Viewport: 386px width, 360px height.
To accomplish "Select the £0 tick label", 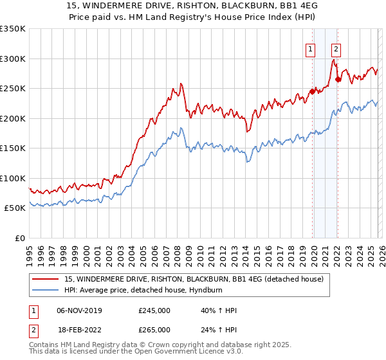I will [x=21, y=238].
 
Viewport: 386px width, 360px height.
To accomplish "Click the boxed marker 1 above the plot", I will [x=311, y=48].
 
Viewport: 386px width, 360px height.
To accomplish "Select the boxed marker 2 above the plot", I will [x=336, y=48].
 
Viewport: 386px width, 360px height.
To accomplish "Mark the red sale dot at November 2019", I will [x=312, y=91].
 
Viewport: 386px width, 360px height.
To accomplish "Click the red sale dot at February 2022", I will [x=338, y=80].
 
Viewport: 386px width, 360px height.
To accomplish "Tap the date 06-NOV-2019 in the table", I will [x=79, y=310].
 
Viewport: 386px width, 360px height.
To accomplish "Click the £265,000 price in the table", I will [x=154, y=330].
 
